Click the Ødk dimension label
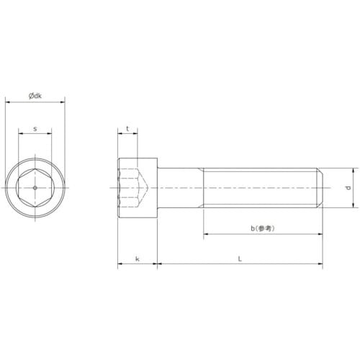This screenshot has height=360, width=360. [35, 96]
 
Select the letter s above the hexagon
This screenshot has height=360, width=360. [35, 129]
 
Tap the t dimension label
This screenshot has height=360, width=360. [127, 129]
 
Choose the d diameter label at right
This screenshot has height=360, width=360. [348, 189]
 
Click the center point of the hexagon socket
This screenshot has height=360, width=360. [35, 189]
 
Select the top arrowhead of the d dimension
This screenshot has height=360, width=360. [354, 171]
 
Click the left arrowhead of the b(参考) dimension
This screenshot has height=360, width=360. [206, 235]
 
